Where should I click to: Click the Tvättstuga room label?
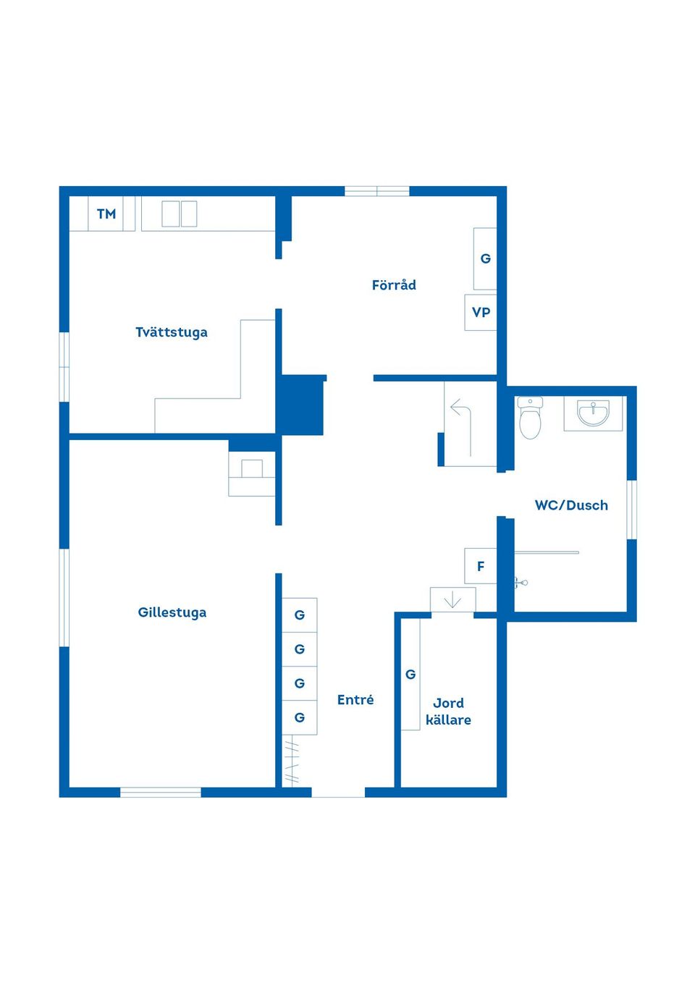pos(171,332)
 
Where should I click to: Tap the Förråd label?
pos(394,284)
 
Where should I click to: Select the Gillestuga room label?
pos(172,612)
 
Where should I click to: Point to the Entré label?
pos(355,699)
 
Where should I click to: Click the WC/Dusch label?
pos(571,505)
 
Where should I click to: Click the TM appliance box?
pos(106,214)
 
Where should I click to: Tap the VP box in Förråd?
pos(481,312)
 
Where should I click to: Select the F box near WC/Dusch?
pos(481,566)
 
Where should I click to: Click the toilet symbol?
pos(530,418)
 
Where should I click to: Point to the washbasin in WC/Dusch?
pos(593,413)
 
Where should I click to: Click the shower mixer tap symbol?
pos(521,582)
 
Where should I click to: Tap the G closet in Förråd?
pos(485,258)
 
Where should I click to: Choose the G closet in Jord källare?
pos(410,674)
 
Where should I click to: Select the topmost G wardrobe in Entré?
pos(299,615)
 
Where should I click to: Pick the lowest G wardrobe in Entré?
pos(299,717)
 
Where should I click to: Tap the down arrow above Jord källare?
pos(452,600)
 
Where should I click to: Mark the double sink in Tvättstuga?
pos(179,214)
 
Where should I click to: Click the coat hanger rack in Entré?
pos(291,761)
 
